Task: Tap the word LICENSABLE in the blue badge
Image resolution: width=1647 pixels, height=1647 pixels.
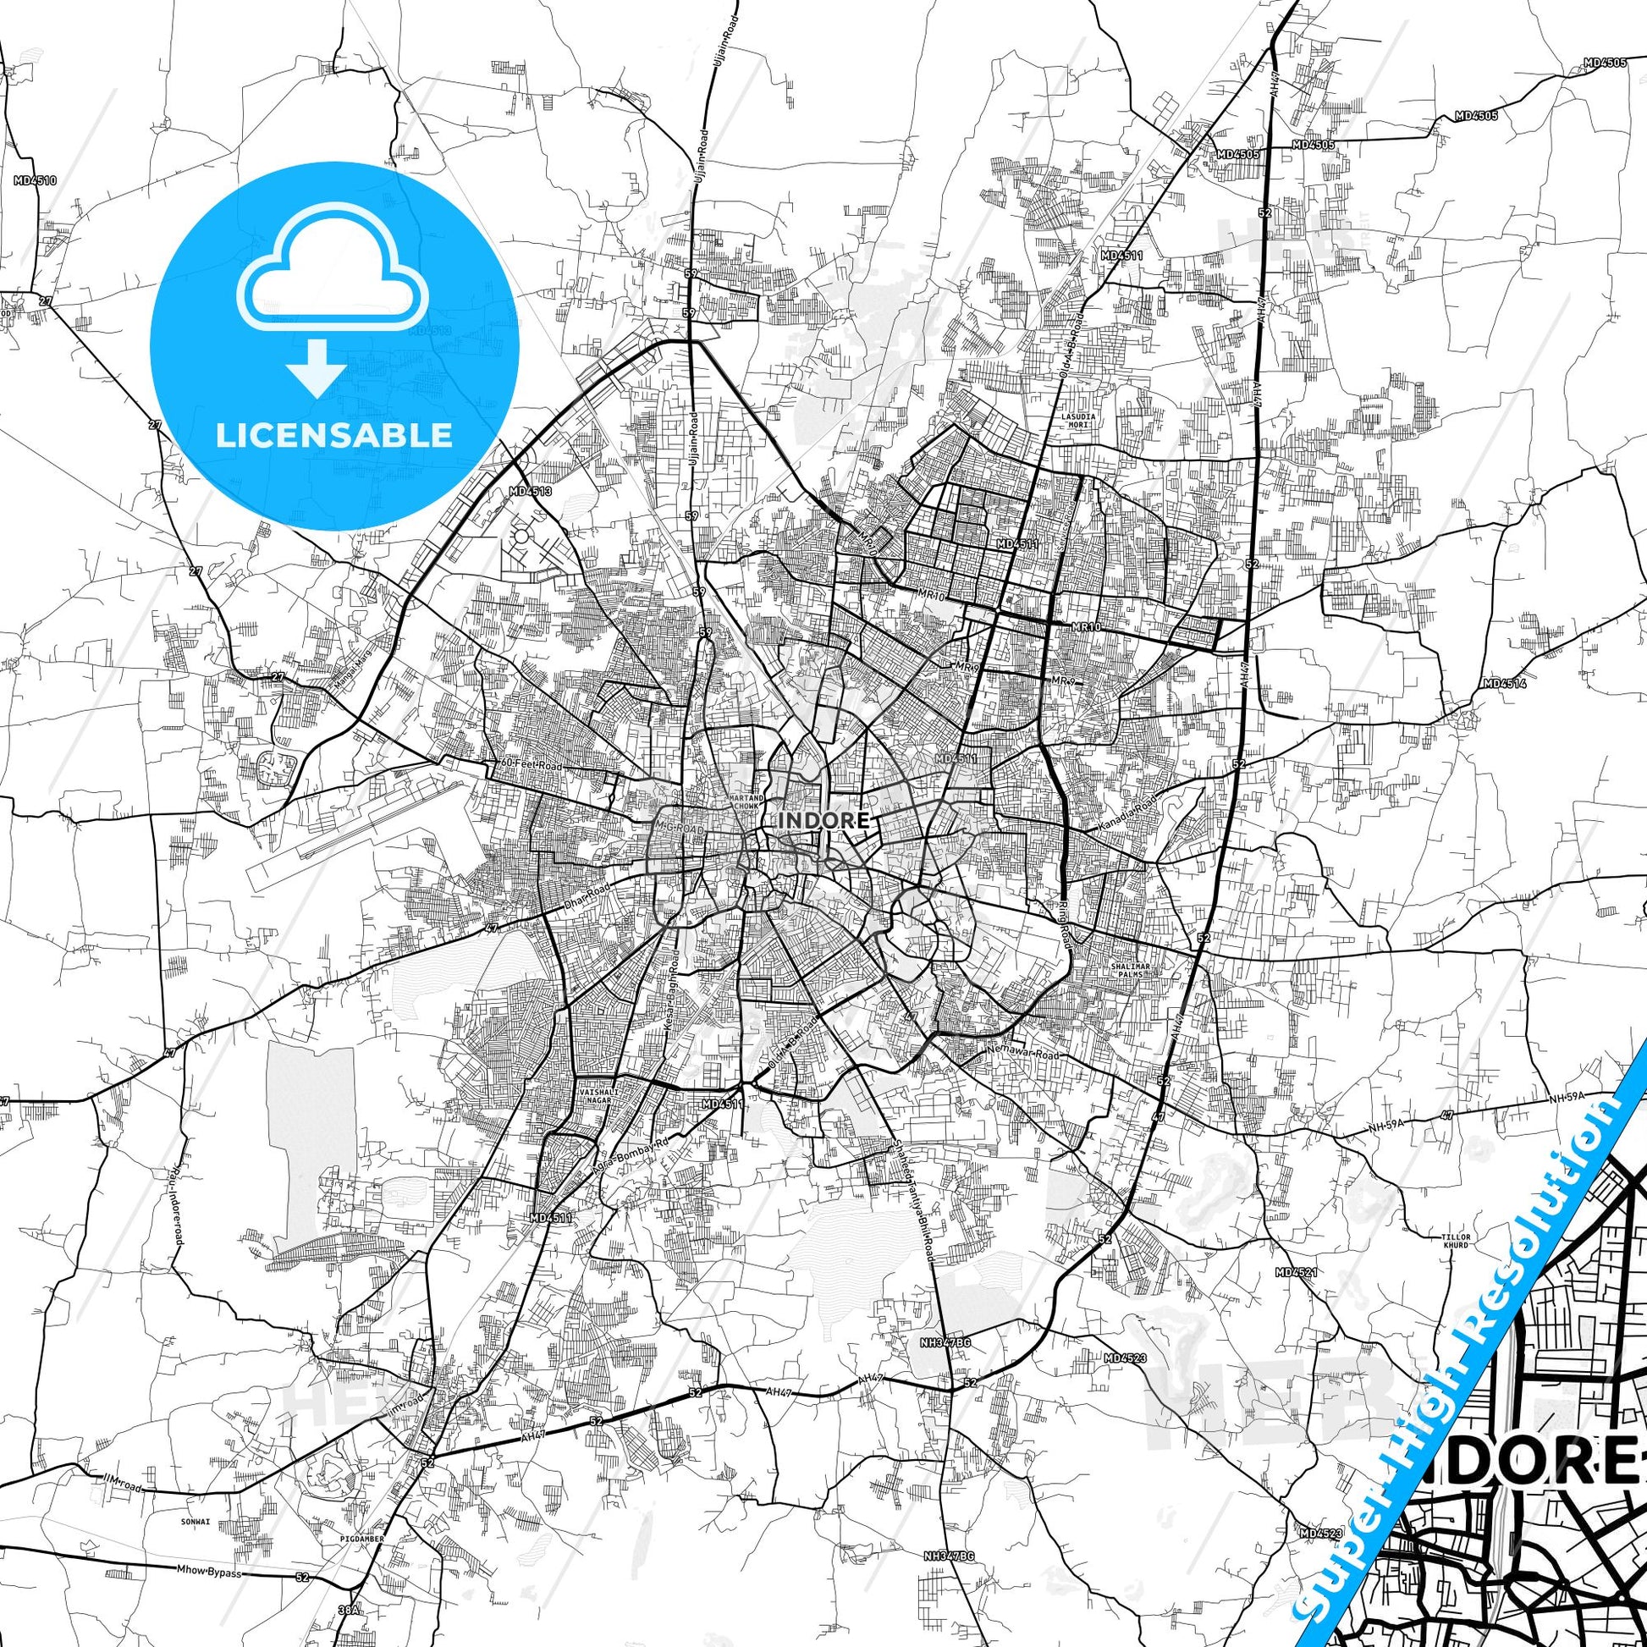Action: (x=334, y=435)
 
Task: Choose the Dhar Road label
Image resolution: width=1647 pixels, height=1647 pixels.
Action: (x=589, y=895)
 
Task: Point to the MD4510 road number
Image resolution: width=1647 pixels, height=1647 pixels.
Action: (x=35, y=181)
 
